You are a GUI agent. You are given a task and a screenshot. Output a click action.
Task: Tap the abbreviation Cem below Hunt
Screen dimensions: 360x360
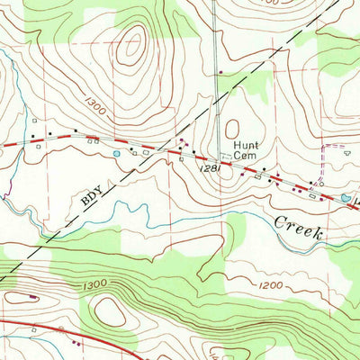tap(246, 155)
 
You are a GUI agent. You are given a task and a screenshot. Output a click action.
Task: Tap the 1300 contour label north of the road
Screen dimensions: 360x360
tap(97, 110)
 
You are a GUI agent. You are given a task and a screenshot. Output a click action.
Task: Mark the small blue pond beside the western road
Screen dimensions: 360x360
tap(117, 154)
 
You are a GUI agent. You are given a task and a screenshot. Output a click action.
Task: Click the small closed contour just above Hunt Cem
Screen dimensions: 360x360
tap(232, 130)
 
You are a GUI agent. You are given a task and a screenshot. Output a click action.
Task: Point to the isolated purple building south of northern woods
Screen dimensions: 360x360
tap(220, 70)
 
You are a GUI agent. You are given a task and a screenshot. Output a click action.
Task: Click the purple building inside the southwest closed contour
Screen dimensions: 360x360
tap(32, 295)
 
